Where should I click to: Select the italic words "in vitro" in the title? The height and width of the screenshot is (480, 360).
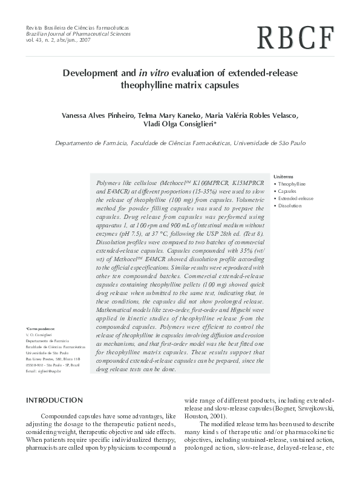coord(155,73)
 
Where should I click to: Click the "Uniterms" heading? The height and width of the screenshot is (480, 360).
coord(283,176)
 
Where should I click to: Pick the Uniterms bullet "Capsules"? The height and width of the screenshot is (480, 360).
coord(287,190)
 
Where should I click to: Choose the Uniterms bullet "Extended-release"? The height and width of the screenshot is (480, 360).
coord(295,198)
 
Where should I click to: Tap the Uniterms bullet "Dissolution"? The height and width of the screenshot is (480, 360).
coord(289,206)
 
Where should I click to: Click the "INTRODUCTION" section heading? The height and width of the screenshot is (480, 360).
coord(54,400)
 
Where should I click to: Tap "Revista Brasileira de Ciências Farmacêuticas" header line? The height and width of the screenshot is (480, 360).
coord(77,28)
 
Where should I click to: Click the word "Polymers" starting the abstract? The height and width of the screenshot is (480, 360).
coord(110,182)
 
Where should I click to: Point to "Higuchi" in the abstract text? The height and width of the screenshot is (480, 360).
coord(246,308)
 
